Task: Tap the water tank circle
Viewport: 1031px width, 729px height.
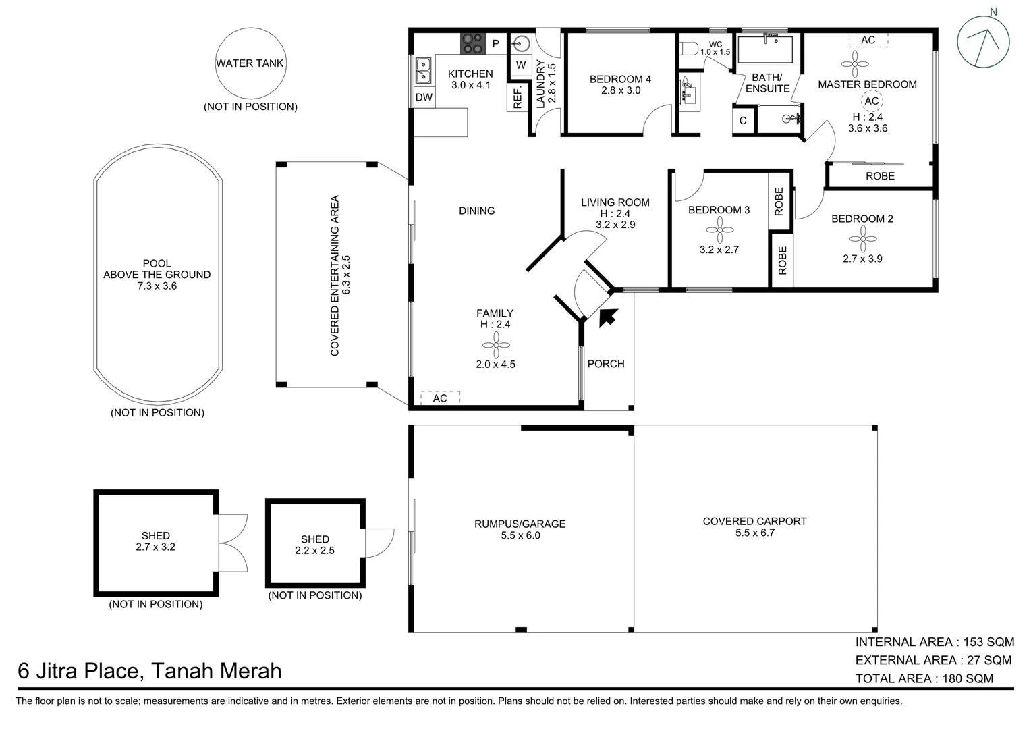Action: (250, 63)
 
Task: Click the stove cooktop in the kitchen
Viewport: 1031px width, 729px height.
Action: (473, 44)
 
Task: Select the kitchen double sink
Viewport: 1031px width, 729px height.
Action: (423, 70)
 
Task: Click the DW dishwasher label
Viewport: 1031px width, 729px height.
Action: (424, 98)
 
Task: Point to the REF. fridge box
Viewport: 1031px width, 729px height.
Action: (518, 98)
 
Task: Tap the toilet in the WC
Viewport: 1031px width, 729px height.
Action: (688, 50)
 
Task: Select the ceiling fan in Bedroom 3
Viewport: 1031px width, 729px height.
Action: (719, 230)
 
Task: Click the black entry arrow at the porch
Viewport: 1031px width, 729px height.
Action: (609, 316)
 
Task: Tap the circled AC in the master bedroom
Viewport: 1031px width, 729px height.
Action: (872, 101)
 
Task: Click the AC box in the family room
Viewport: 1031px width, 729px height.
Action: (440, 398)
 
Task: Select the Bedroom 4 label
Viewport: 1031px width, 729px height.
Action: (620, 79)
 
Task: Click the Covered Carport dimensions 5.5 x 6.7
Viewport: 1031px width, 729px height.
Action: (754, 533)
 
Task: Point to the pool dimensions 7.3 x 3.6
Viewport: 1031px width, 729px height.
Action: (157, 286)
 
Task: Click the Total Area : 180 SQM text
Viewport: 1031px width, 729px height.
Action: (924, 678)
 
